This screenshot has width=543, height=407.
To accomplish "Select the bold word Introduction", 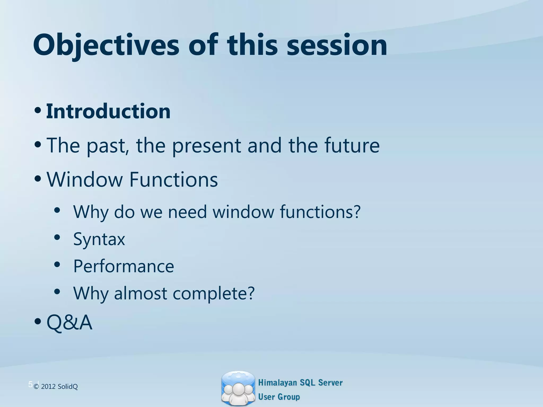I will tap(108, 111).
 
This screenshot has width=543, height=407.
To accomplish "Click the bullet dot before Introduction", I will tap(38, 110).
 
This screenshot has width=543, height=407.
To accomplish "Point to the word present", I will tap(206, 146).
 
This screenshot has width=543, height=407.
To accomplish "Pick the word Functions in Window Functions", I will tap(173, 180).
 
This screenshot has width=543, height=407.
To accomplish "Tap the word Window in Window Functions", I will tap(84, 180).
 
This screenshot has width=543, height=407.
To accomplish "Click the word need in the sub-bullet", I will tap(187, 212).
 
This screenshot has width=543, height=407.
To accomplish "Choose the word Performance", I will tap(124, 266).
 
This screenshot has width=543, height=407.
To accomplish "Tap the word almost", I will tap(141, 293).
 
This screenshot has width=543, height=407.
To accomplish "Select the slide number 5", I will tap(30, 384).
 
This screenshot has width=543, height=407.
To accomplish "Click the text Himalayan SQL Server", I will tap(300, 383).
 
